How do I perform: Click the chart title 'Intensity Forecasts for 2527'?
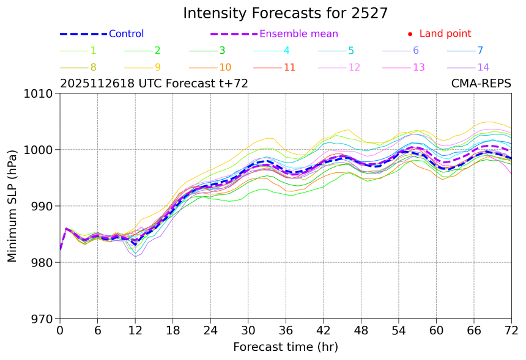pos(285,13)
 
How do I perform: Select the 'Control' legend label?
pos(126,34)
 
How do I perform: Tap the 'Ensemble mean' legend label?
pos(298,34)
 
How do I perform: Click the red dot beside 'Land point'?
pos(410,34)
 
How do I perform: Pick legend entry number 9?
pos(157,67)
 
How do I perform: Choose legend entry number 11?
pos(289,67)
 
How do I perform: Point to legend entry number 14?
pos(483,67)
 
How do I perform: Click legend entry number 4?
pos(286,51)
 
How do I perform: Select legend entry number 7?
pos(480,51)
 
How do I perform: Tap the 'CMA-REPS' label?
pos(481,84)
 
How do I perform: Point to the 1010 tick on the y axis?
pos(41,94)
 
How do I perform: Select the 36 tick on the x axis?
pos(286,331)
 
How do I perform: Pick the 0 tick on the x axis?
pos(60,331)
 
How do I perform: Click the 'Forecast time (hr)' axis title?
pos(285,347)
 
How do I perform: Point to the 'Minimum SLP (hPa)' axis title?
pos(13,206)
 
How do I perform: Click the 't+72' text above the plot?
pos(234,84)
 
